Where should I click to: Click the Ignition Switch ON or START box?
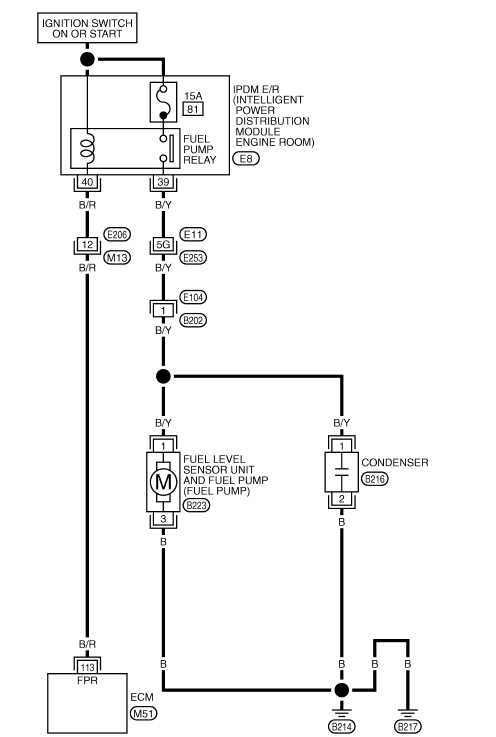coord(87,28)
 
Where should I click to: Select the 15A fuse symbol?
coord(163,102)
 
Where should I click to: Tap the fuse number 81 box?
coord(193,110)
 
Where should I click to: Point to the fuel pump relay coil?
coord(87,147)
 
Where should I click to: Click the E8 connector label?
coord(246,158)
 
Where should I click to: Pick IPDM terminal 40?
coord(87,182)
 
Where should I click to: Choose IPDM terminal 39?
coord(163,182)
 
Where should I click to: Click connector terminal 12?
coord(87,244)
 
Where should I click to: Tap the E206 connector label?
coord(117,234)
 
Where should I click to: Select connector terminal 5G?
coord(163,244)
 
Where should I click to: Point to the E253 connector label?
coord(193,258)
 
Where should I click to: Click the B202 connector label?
coord(193,321)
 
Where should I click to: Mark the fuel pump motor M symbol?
coord(163,482)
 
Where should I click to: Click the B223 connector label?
coord(197,505)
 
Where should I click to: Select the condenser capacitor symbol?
coord(342,472)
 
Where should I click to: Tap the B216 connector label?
coord(375,479)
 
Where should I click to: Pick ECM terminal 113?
coord(87,667)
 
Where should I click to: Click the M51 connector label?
coord(143,713)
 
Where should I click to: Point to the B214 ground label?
coord(342,727)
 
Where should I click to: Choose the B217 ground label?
coord(408,727)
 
